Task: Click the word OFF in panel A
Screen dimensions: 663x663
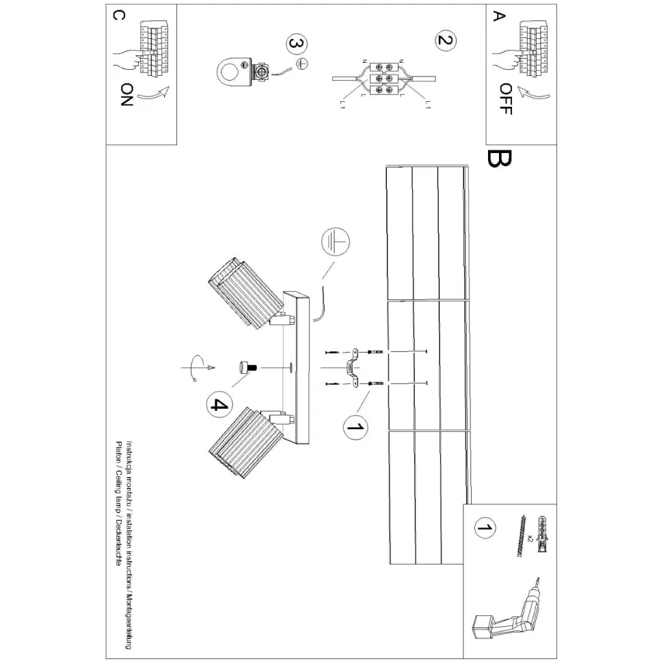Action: [505, 98]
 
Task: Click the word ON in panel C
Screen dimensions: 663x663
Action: [126, 96]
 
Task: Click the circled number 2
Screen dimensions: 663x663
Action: [444, 40]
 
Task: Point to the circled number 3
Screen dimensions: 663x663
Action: [295, 44]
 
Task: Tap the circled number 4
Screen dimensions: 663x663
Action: [218, 405]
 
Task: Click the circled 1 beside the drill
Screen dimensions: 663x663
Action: [485, 528]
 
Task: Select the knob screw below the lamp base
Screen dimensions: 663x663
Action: [246, 368]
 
